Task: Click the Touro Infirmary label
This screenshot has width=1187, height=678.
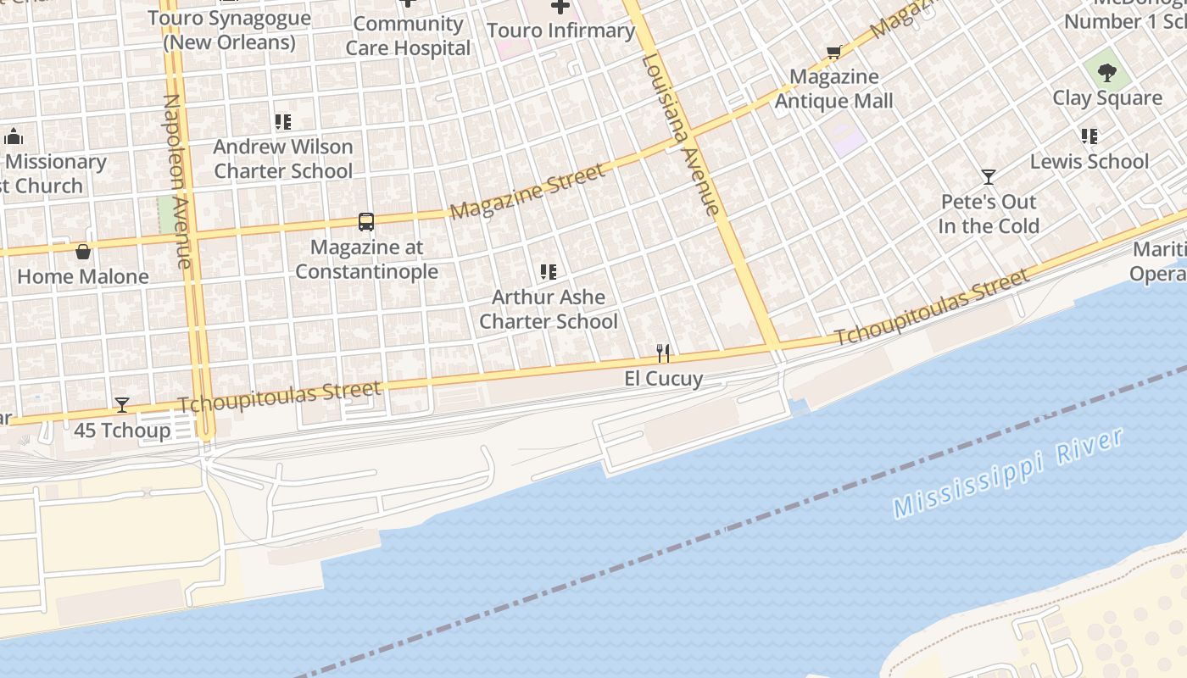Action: [x=560, y=31]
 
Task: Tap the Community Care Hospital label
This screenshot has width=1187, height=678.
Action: [x=408, y=36]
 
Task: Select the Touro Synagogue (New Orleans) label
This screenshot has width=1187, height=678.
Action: [x=229, y=30]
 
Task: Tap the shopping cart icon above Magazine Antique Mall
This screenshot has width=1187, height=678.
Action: [x=834, y=53]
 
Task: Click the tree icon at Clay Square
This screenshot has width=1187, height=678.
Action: [x=1106, y=72]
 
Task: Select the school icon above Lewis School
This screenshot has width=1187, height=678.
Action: [x=1089, y=136]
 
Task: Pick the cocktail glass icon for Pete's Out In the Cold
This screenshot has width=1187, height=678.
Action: [x=989, y=177]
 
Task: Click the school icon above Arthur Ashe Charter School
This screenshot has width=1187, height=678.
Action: [x=549, y=272]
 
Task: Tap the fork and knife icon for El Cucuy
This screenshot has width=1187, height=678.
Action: [x=663, y=353]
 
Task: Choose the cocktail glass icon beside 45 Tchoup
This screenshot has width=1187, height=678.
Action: [x=122, y=405]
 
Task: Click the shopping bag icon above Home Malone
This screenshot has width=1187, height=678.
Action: [x=83, y=252]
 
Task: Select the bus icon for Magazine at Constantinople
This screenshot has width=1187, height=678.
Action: [x=366, y=222]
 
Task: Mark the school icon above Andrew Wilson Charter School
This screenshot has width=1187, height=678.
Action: [x=282, y=122]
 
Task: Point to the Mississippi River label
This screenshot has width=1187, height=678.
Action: [x=1008, y=474]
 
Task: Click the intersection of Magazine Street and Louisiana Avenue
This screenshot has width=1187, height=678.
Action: [x=690, y=134]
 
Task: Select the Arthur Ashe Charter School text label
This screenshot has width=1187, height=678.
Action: [x=549, y=309]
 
